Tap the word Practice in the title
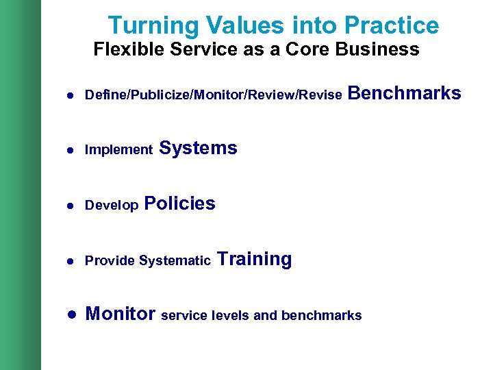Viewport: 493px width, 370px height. pyautogui.click(x=392, y=26)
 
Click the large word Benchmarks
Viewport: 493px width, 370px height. pyautogui.click(x=405, y=93)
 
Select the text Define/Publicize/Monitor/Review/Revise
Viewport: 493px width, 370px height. pyautogui.click(x=213, y=95)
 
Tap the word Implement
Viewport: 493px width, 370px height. pyautogui.click(x=118, y=150)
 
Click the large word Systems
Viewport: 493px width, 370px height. pyautogui.click(x=198, y=148)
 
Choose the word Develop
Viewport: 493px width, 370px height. pyautogui.click(x=112, y=206)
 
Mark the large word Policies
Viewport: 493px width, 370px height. pyautogui.click(x=180, y=203)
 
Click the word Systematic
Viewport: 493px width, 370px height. pyautogui.click(x=175, y=261)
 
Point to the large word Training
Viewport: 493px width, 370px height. pyautogui.click(x=254, y=259)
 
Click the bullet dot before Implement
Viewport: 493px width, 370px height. pyautogui.click(x=71, y=150)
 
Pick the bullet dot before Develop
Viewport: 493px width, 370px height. pyautogui.click(x=71, y=206)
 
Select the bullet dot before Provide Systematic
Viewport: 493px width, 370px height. pyautogui.click(x=71, y=261)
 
